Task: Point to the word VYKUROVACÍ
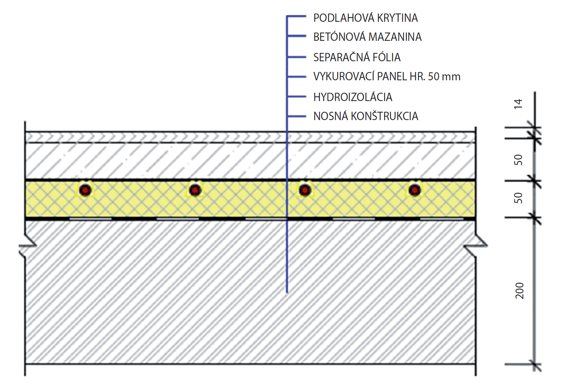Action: (343, 76)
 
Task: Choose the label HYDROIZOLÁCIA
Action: (353, 97)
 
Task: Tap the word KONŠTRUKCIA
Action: (385, 116)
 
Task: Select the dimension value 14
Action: (518, 104)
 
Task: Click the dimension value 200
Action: (519, 291)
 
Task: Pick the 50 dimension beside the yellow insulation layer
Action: (518, 198)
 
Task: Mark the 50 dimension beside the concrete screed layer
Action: (518, 160)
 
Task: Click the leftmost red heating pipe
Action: (85, 190)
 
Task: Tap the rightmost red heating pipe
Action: (414, 190)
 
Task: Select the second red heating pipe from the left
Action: (195, 190)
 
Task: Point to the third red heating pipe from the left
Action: (305, 190)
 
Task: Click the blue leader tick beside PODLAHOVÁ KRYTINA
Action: (297, 16)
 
